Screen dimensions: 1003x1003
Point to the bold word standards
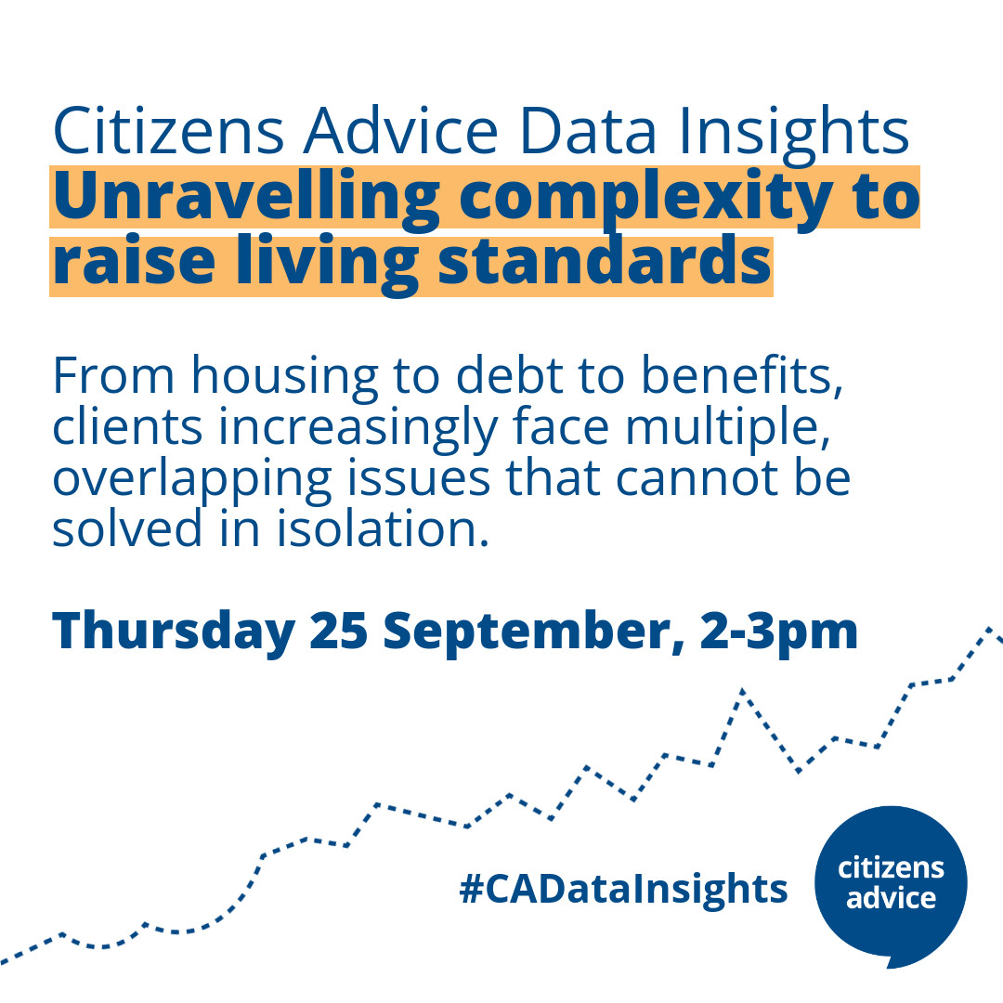pos(605,264)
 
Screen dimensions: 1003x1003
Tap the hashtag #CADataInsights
pos(622,889)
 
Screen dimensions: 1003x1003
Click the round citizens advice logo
pos(891,883)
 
